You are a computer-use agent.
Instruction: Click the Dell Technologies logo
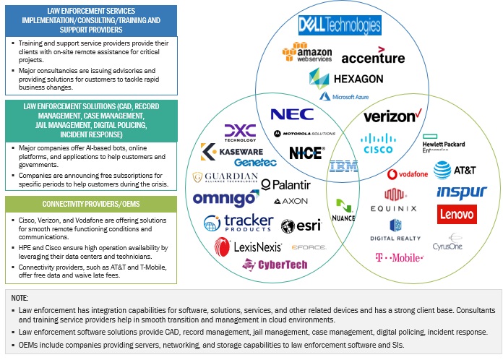(x=339, y=26)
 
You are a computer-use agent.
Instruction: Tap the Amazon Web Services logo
(x=307, y=55)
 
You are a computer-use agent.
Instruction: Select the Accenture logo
(x=373, y=57)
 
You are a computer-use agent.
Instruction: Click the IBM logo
(x=343, y=166)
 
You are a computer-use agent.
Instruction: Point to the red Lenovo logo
(x=456, y=214)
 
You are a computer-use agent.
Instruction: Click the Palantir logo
(x=286, y=184)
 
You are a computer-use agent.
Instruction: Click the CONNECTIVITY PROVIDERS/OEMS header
(x=90, y=204)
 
